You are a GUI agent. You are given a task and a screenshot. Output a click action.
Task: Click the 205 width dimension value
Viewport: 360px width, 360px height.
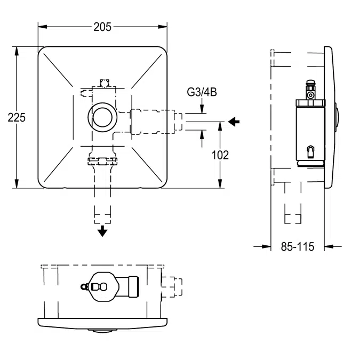102,27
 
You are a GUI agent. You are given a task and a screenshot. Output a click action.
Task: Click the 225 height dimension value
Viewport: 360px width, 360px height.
17,118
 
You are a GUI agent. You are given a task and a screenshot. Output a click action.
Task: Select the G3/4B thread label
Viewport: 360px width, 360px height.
202,93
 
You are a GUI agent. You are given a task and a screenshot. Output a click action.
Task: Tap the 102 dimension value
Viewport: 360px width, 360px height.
220,155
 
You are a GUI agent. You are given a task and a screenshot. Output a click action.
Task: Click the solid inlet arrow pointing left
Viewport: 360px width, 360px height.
234,122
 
